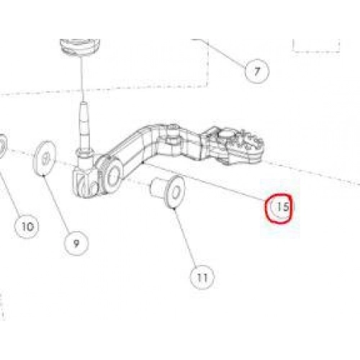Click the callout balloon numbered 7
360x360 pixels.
257,71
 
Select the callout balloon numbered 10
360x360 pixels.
27,226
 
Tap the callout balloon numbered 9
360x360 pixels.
76,244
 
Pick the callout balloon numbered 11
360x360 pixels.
202,277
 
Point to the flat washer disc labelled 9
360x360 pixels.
45,158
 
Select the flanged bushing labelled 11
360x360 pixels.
168,192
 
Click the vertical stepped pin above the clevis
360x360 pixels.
84,127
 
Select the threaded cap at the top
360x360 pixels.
80,47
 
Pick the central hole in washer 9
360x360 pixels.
46,158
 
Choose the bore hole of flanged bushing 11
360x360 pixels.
176,193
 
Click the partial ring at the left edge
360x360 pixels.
2,146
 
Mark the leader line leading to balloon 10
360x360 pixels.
11,192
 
